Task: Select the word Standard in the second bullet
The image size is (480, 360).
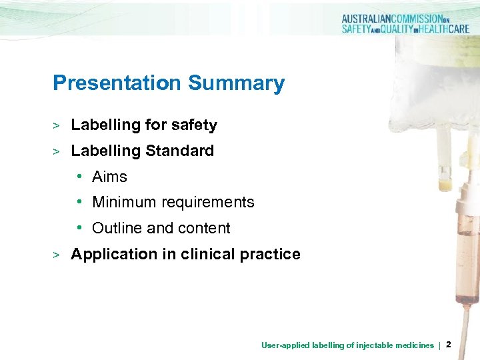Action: (x=179, y=151)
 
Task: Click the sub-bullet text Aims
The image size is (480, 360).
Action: (x=109, y=177)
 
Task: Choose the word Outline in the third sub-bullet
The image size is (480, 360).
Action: (x=117, y=228)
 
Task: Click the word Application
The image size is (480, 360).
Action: (x=111, y=254)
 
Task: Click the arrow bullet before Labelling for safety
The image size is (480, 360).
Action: (x=57, y=125)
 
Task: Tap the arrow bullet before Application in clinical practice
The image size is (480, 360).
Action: (x=57, y=255)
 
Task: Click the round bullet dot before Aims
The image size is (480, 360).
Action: (x=79, y=177)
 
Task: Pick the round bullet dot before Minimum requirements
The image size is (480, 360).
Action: (x=79, y=202)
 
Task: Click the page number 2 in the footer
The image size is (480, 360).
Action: (x=448, y=345)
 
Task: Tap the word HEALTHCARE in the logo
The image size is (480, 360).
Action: (x=443, y=29)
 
